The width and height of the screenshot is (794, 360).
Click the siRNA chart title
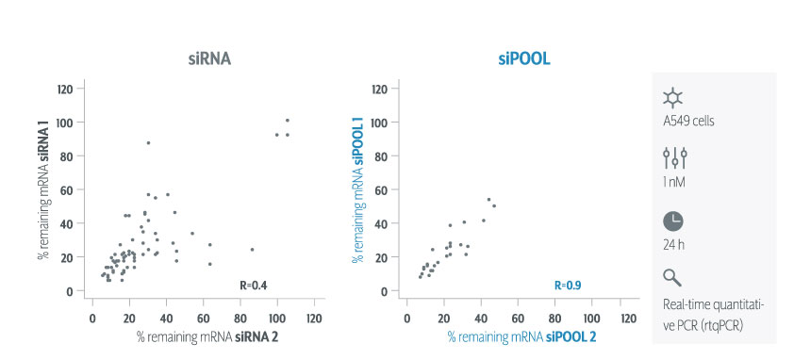coord(209,59)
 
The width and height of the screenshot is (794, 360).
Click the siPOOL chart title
coord(524,59)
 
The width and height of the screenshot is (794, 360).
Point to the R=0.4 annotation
coord(253,286)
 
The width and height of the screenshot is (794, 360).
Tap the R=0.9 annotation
coord(568,286)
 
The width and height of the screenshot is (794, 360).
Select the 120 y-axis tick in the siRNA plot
coord(66,90)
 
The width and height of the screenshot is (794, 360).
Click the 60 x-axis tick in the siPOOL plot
coord(518,319)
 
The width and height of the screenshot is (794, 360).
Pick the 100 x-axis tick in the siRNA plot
coord(277,319)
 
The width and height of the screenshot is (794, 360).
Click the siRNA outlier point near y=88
coord(148,143)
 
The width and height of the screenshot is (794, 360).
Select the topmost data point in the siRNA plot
coord(287,120)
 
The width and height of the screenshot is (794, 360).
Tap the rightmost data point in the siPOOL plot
coord(494,205)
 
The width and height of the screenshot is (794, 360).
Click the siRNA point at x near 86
coord(252,249)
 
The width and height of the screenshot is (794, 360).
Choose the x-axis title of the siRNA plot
coord(207,337)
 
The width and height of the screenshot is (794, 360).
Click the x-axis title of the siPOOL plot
coord(521,337)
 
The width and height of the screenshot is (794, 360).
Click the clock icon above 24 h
coord(673,221)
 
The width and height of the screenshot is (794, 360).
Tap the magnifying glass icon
coord(672,277)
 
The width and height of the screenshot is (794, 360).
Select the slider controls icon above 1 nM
coord(675,158)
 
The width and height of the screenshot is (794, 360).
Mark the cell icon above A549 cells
coord(673,98)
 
